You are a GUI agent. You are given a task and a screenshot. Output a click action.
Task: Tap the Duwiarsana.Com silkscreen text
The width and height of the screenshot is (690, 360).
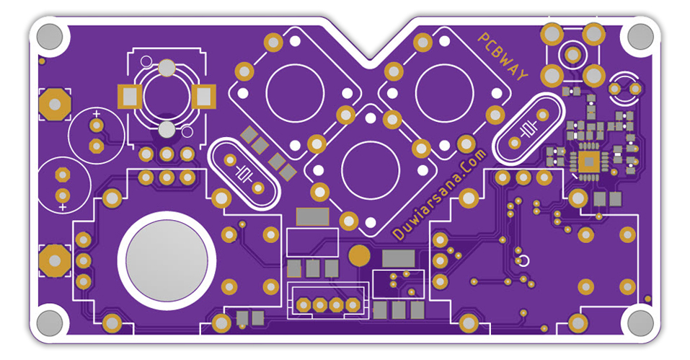[x=441, y=193]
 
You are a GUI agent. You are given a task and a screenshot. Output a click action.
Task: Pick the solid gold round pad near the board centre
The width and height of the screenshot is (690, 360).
[x=358, y=255]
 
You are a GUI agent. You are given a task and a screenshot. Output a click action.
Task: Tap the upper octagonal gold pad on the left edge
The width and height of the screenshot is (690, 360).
[x=54, y=105]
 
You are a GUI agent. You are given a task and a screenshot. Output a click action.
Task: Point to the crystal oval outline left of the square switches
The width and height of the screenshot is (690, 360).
[x=243, y=173]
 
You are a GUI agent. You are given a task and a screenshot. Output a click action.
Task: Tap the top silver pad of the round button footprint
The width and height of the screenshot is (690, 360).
[x=167, y=69]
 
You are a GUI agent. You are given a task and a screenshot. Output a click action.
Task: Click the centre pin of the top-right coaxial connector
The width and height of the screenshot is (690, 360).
[x=572, y=54]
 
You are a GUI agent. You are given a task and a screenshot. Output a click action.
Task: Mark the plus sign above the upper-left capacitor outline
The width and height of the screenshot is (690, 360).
[x=97, y=113]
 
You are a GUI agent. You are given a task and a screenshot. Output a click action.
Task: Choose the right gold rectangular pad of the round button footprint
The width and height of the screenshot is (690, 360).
[x=205, y=95]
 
